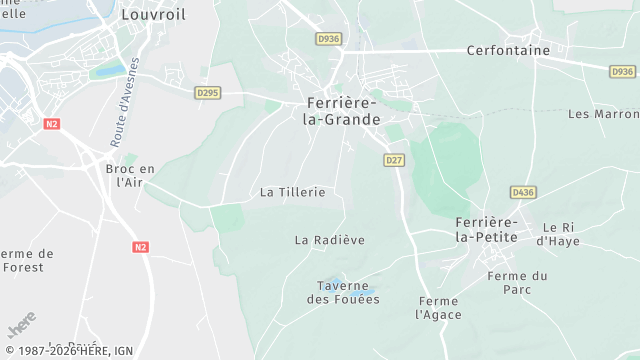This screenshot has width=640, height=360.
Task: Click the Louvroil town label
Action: pos(151,15)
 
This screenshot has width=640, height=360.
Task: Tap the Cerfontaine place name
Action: pos(508,50)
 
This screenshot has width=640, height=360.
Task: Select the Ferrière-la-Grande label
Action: pos(342,111)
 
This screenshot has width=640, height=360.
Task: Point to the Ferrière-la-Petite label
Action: pos(486,229)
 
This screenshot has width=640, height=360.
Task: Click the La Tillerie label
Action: pos(292,191)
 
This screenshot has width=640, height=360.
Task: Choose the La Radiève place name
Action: pos(330,240)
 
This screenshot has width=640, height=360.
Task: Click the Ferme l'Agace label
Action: pos(438,308)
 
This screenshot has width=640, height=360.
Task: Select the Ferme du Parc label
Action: pos(512,283)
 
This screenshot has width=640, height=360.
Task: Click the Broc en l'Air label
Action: pos(130,176)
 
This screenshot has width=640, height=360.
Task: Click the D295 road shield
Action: pos(207,93)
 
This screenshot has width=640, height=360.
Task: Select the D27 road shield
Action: pos(394,160)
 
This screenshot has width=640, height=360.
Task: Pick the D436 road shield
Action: pos(522,192)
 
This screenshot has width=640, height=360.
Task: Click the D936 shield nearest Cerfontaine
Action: pos(622,71)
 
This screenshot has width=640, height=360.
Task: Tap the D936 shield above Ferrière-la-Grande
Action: pos(327,39)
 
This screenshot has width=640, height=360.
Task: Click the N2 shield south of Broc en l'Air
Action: pos(141,246)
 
